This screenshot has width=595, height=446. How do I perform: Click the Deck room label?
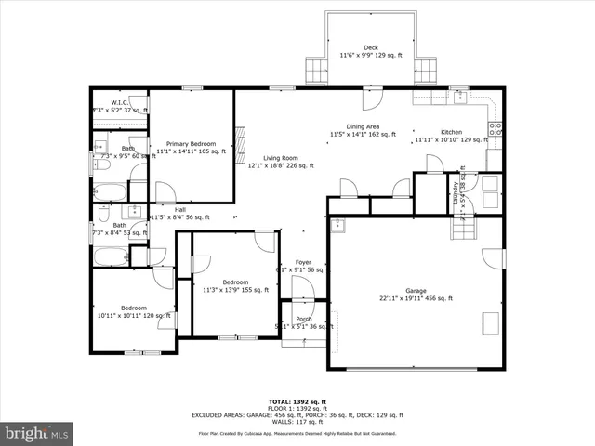pos(371,47)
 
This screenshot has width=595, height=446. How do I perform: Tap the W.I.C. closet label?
pos(119,102)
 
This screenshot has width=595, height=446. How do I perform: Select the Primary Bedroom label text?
pos(191,144)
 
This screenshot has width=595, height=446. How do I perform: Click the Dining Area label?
pos(362,126)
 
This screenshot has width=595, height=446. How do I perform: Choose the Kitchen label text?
pos(451,132)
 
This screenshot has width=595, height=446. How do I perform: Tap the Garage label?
pos(416,290)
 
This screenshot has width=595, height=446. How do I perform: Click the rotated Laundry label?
pos(456,192)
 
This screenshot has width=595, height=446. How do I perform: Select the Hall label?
pos(167,209)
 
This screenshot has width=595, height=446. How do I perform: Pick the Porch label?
pos(304,319)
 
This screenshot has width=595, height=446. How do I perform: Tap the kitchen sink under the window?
pos(458,95)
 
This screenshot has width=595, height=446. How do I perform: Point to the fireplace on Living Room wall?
pos(240,144)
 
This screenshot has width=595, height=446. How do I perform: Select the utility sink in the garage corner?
pos(340,224)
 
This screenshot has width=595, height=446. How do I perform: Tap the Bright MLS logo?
pos(37,432)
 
